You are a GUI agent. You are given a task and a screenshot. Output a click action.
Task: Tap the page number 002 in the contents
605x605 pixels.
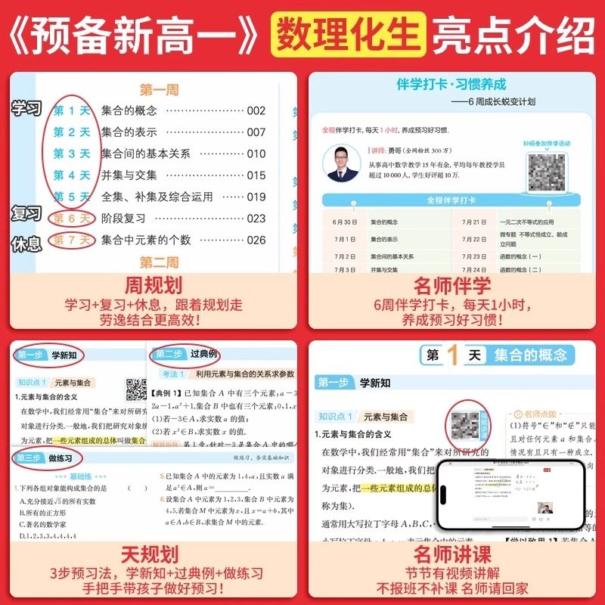tap(256, 110)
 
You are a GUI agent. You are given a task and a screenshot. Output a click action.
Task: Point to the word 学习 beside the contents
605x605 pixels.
tap(26, 109)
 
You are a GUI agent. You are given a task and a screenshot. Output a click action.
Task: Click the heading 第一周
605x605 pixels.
tap(159, 89)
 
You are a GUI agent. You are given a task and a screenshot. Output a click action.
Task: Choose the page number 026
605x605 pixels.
tap(256, 240)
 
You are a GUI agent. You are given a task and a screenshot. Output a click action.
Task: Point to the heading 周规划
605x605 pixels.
tap(153, 285)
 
